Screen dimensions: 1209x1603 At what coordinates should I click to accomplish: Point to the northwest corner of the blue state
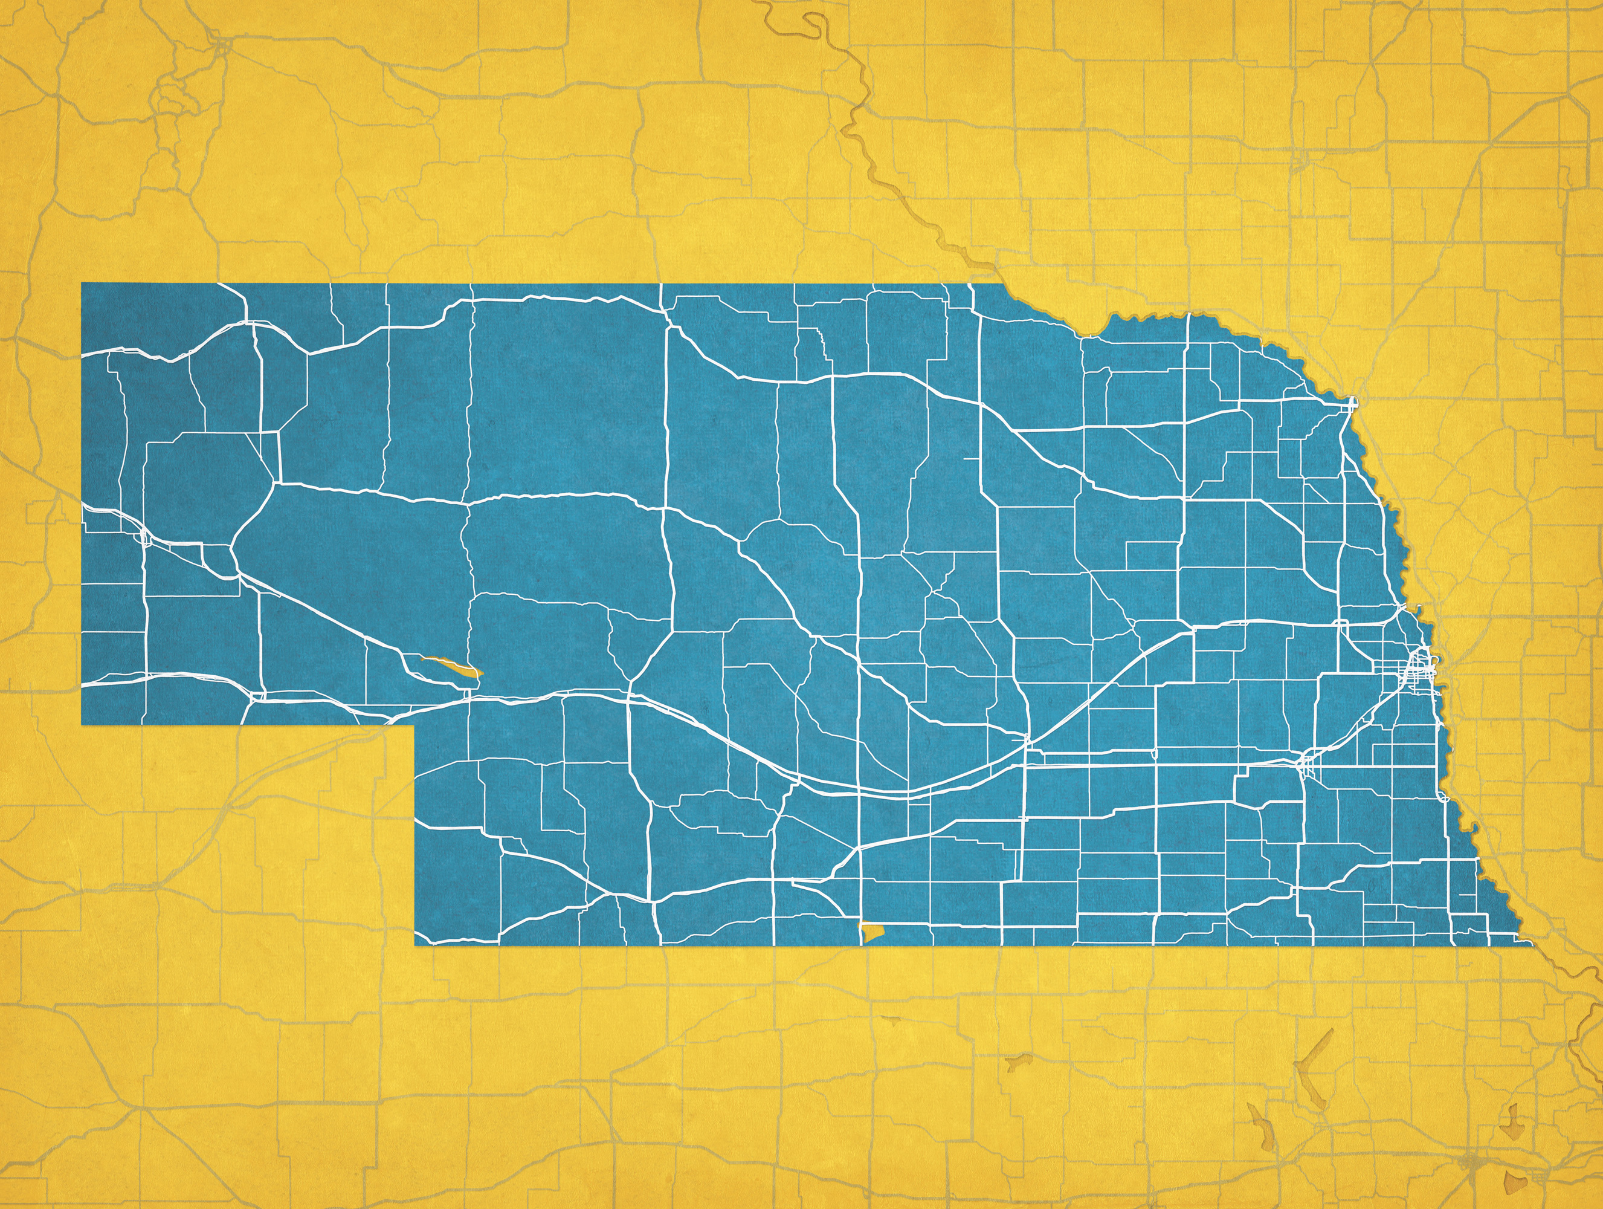pyautogui.click(x=82, y=284)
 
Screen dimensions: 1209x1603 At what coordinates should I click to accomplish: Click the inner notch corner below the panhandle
pyautogui.click(x=414, y=724)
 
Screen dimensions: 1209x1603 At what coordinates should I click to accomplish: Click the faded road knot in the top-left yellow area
pyautogui.click(x=221, y=47)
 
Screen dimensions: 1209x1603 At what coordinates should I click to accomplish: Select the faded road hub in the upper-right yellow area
pyautogui.click(x=1301, y=160)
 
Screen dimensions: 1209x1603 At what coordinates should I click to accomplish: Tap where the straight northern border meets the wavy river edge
pyautogui.click(x=1004, y=285)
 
